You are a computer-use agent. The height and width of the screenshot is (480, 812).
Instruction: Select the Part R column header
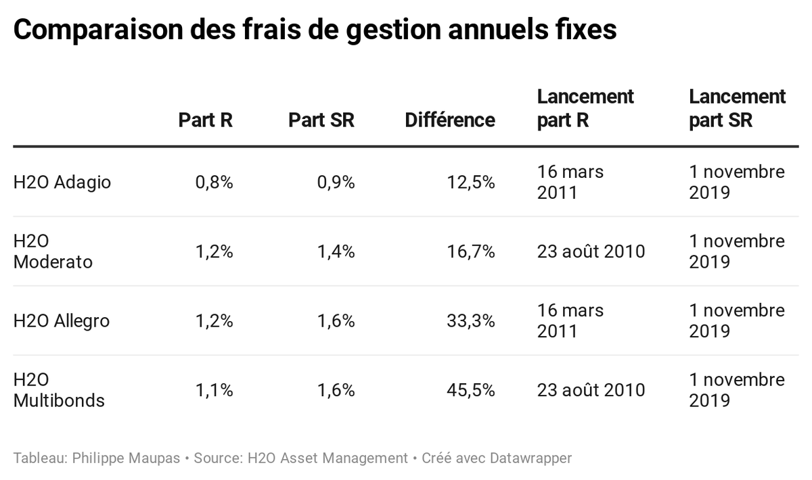coord(205,120)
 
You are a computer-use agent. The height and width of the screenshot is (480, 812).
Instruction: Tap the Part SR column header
coord(321,120)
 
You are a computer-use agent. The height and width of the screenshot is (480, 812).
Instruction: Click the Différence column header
coord(450,120)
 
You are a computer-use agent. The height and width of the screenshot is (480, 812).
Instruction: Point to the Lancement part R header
coord(585,108)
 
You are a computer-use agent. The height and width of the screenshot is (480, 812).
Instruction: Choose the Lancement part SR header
coord(737,108)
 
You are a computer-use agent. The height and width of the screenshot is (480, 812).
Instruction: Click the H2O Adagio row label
coord(62,183)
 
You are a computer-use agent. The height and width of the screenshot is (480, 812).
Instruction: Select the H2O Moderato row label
coord(53,251)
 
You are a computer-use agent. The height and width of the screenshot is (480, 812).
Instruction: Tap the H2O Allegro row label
coord(61,320)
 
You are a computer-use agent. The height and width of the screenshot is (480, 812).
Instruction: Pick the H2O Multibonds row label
coord(59,390)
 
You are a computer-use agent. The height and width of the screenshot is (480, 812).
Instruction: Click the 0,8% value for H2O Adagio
coord(214,183)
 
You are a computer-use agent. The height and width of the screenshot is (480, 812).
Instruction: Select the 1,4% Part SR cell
coord(336,251)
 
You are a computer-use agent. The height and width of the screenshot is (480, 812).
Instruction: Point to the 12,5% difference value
coord(471,183)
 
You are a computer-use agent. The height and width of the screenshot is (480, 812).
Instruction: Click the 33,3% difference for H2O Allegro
coord(471,320)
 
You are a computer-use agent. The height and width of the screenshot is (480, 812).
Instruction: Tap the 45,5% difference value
coord(471,390)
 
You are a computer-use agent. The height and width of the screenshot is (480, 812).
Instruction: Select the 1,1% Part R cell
coord(214,390)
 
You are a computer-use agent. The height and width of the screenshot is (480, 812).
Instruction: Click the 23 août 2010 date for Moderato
coord(591,251)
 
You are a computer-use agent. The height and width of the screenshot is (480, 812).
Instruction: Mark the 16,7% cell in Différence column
coord(471,251)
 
